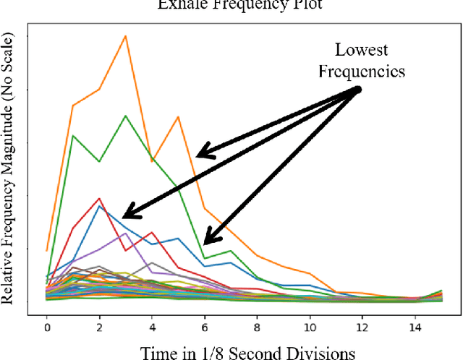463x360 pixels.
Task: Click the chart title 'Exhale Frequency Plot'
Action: coord(231,4)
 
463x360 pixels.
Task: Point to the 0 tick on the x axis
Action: coord(47,327)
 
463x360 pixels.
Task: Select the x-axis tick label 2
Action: coord(100,327)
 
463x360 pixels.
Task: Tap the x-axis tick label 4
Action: coord(152,327)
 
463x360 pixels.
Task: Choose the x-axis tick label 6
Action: coord(205,327)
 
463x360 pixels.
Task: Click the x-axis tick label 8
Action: coord(258,327)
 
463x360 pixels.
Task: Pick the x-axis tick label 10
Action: coord(310,327)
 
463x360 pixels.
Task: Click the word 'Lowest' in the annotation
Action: coord(361,51)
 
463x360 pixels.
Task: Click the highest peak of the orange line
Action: coord(126,35)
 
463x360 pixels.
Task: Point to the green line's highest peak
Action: coord(126,115)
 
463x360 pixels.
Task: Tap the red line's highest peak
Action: coord(100,199)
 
